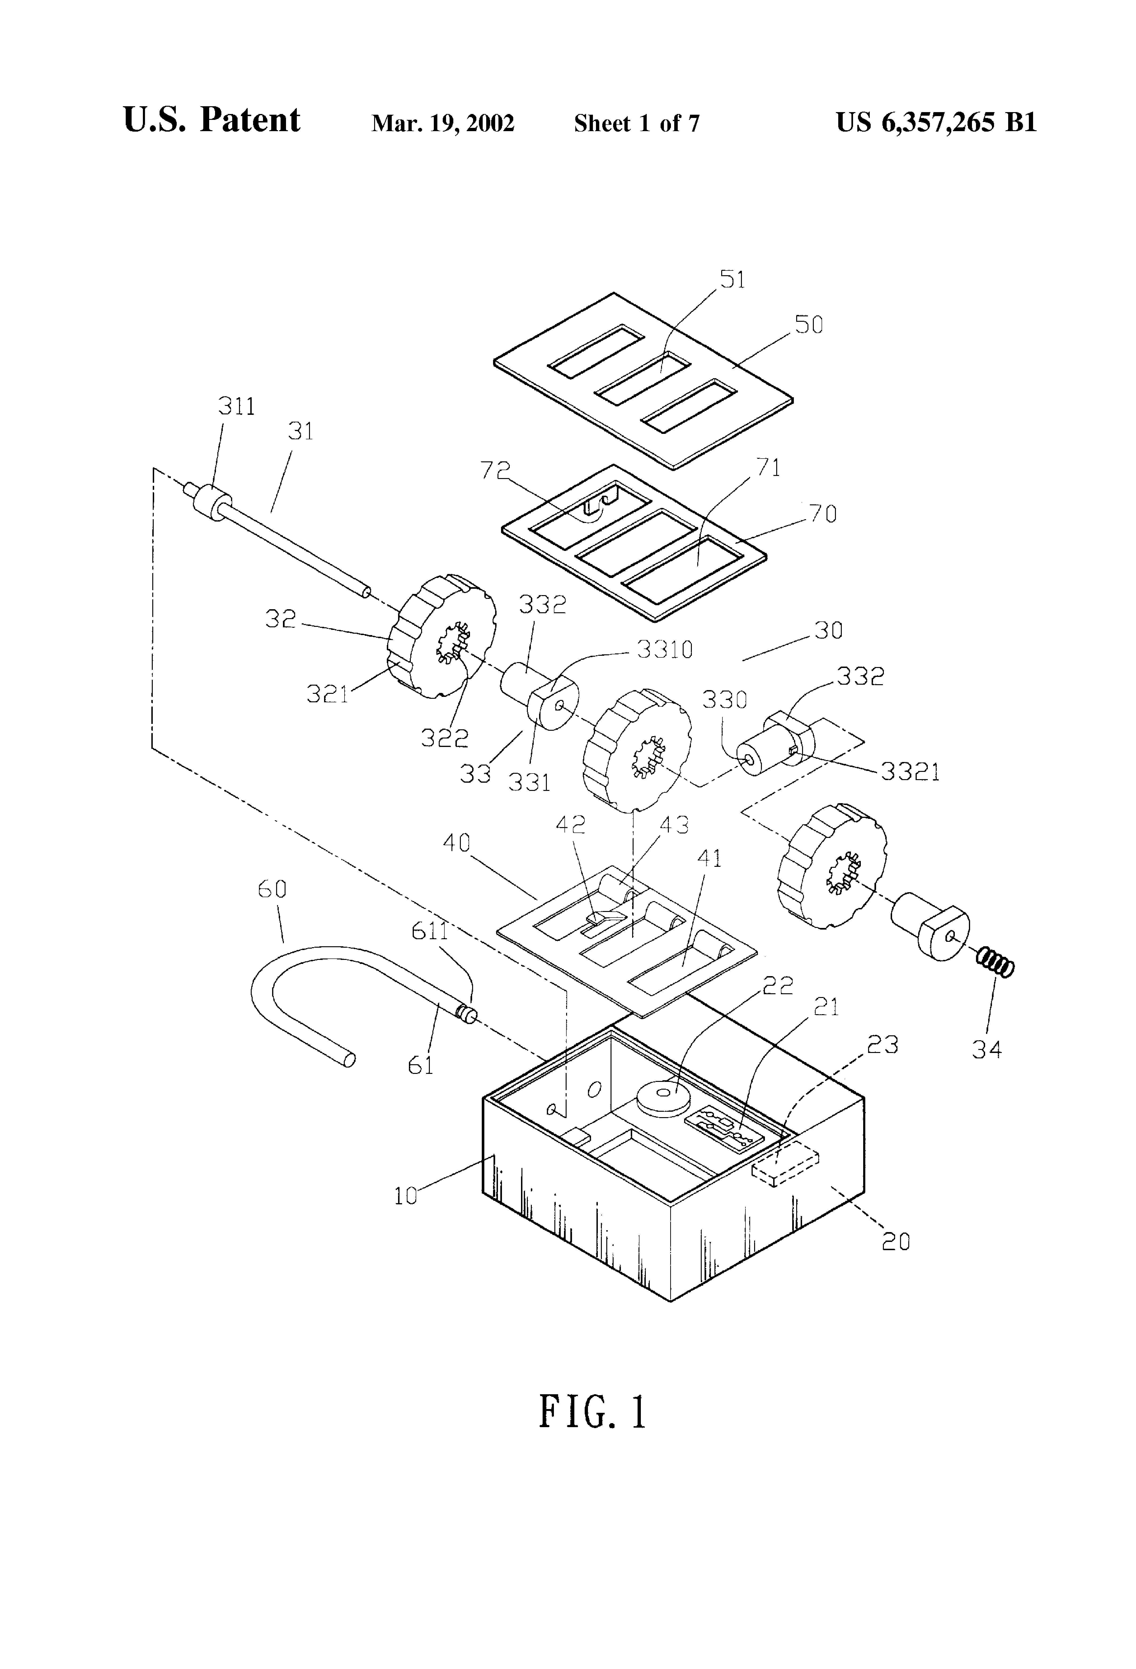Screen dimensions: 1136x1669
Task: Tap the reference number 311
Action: [x=237, y=406]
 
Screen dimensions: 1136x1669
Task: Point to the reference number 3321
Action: [x=910, y=771]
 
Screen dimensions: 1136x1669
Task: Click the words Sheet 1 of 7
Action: [x=636, y=124]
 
